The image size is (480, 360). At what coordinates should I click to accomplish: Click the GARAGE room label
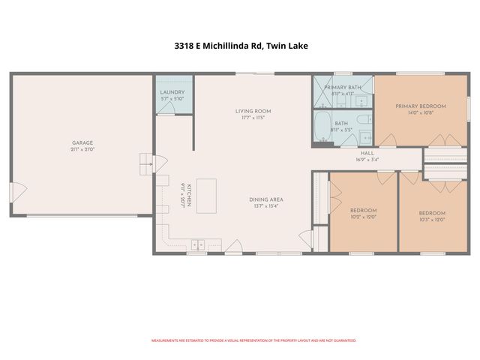pos(82,142)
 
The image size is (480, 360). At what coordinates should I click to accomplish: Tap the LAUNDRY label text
pos(172,91)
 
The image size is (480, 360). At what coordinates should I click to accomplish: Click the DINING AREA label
pos(266,199)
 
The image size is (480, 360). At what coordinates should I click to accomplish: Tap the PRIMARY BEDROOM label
pos(421,106)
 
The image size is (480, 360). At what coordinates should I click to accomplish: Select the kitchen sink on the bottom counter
pos(198,244)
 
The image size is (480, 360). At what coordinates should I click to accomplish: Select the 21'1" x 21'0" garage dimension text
pos(82,149)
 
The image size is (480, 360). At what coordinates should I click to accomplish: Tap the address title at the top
pos(240,46)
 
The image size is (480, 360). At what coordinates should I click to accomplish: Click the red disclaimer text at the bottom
pos(253,340)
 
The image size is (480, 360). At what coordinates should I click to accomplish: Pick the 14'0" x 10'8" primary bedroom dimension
pos(421,113)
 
